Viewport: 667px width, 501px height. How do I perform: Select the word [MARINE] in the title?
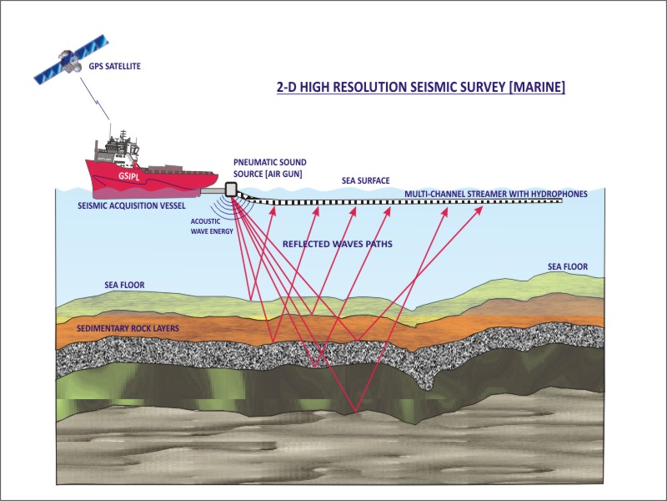(534, 87)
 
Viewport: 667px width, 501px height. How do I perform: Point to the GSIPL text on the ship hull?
(130, 176)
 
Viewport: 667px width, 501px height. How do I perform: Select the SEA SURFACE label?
(365, 180)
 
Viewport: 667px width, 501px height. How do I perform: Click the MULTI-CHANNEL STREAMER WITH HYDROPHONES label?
(496, 194)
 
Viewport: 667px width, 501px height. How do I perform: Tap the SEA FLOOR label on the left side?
(124, 286)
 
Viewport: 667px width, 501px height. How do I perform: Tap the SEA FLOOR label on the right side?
(568, 267)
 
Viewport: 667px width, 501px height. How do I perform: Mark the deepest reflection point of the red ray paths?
(357, 412)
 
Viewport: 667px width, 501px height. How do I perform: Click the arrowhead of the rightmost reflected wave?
(481, 209)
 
